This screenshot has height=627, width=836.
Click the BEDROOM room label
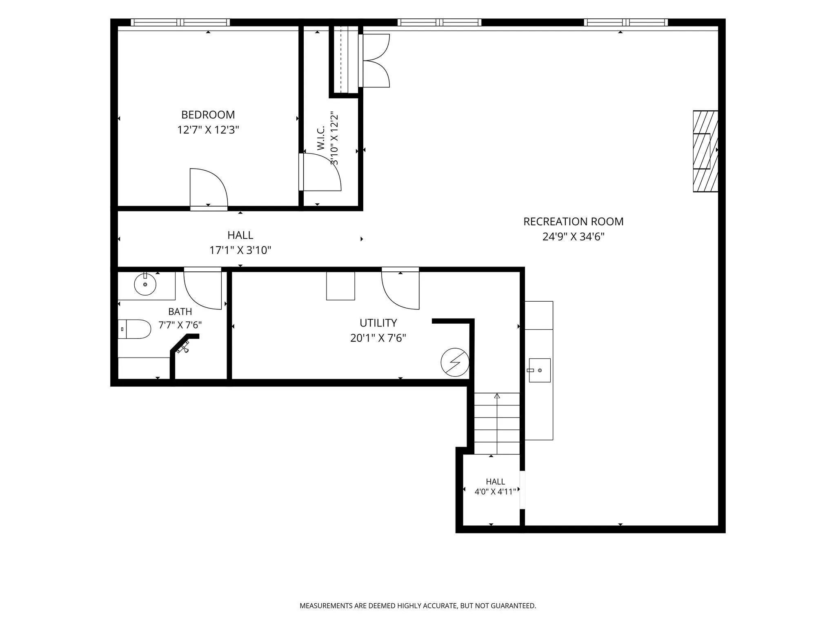pyautogui.click(x=208, y=115)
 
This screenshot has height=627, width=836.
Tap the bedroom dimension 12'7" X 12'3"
pyautogui.click(x=208, y=130)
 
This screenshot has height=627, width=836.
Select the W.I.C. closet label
pyautogui.click(x=320, y=138)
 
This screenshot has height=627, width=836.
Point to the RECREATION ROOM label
pyautogui.click(x=573, y=222)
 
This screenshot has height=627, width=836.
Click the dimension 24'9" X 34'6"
pyautogui.click(x=573, y=237)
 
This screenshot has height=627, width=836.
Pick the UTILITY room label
pyautogui.click(x=378, y=323)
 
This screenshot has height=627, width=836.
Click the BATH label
pyautogui.click(x=180, y=311)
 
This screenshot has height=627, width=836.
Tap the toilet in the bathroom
pyautogui.click(x=134, y=329)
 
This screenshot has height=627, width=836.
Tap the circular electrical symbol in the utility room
pyautogui.click(x=455, y=362)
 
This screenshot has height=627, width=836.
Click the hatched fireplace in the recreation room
pyautogui.click(x=705, y=151)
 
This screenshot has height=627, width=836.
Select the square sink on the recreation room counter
pyautogui.click(x=539, y=370)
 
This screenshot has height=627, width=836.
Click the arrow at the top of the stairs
pyautogui.click(x=497, y=396)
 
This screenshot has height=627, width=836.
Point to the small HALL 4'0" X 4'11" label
pyautogui.click(x=496, y=487)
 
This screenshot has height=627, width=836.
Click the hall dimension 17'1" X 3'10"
pyautogui.click(x=240, y=250)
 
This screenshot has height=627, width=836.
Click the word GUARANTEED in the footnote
pyautogui.click(x=513, y=606)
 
